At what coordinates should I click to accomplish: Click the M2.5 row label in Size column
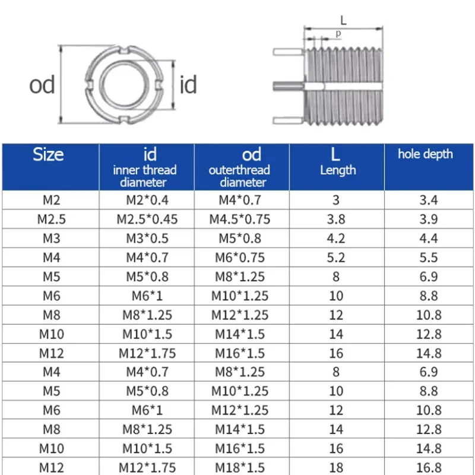51,219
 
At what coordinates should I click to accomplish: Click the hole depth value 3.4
428,200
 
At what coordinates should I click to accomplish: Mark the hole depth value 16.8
428,467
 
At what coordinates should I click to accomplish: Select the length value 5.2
336,258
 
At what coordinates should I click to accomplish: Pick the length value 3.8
336,219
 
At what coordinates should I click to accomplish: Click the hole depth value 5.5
428,258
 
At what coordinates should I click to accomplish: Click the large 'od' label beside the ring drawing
42,85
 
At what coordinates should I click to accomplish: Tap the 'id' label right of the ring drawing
188,85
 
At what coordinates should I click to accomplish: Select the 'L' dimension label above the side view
343,20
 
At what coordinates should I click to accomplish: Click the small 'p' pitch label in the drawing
338,34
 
